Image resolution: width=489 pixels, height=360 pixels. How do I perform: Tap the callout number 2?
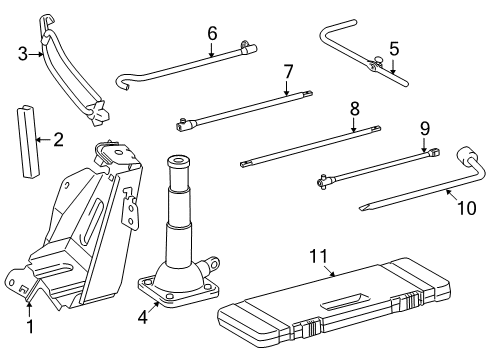point(57,139)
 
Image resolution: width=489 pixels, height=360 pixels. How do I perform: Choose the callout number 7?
point(288,71)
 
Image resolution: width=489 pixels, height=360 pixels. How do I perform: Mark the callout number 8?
point(354,108)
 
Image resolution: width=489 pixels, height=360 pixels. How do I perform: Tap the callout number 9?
point(423,128)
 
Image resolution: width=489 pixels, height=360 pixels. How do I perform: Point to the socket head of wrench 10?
point(467,157)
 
